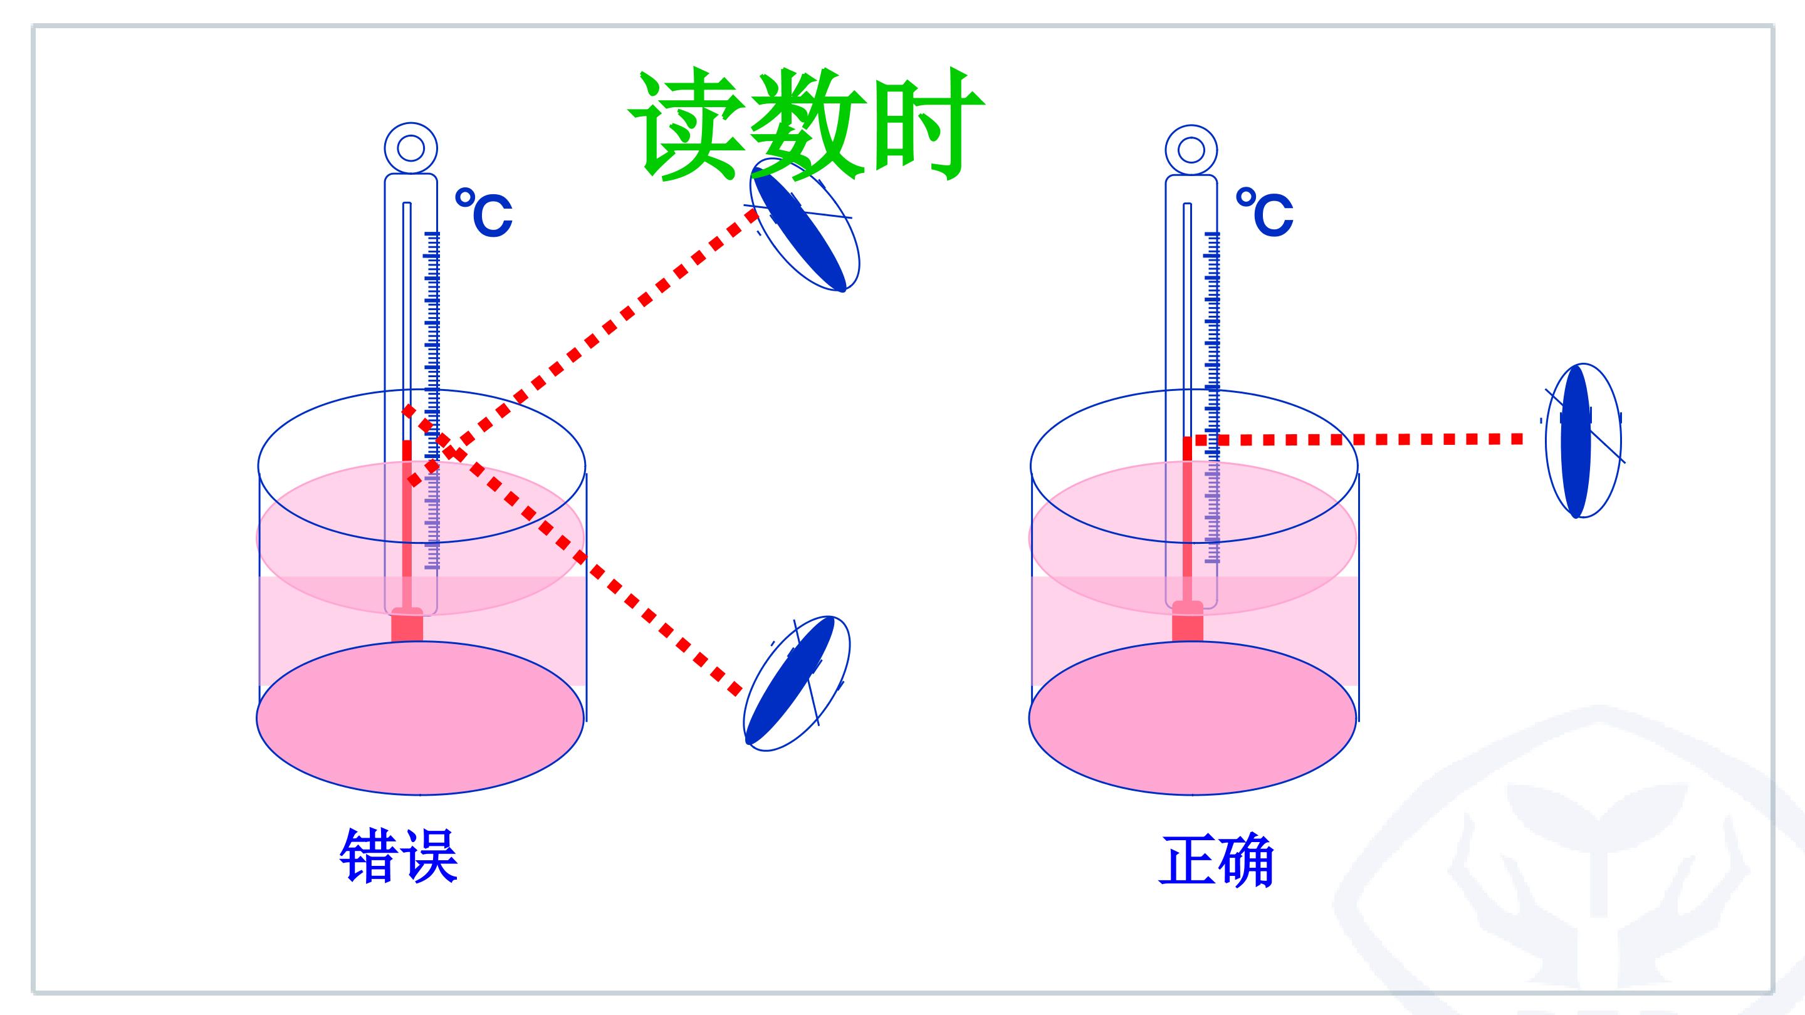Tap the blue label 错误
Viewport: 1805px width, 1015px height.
click(x=399, y=855)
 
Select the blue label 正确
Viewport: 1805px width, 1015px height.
click(x=1216, y=861)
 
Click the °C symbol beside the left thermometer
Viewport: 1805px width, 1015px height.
click(x=483, y=212)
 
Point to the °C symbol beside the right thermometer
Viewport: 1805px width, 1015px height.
click(x=1264, y=212)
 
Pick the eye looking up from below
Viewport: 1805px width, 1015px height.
click(x=796, y=683)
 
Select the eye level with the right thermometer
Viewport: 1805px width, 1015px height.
click(x=1582, y=440)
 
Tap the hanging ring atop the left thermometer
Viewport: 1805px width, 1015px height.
click(x=411, y=148)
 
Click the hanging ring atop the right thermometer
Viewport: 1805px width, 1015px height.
click(x=1191, y=150)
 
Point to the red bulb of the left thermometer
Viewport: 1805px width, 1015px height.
click(x=407, y=623)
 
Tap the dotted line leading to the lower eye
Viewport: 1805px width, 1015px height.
click(x=572, y=551)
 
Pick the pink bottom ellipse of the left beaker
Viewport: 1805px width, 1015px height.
click(x=421, y=718)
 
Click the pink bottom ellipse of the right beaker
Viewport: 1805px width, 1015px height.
click(x=1193, y=718)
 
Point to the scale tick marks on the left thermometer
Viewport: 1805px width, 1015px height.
click(x=432, y=400)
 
